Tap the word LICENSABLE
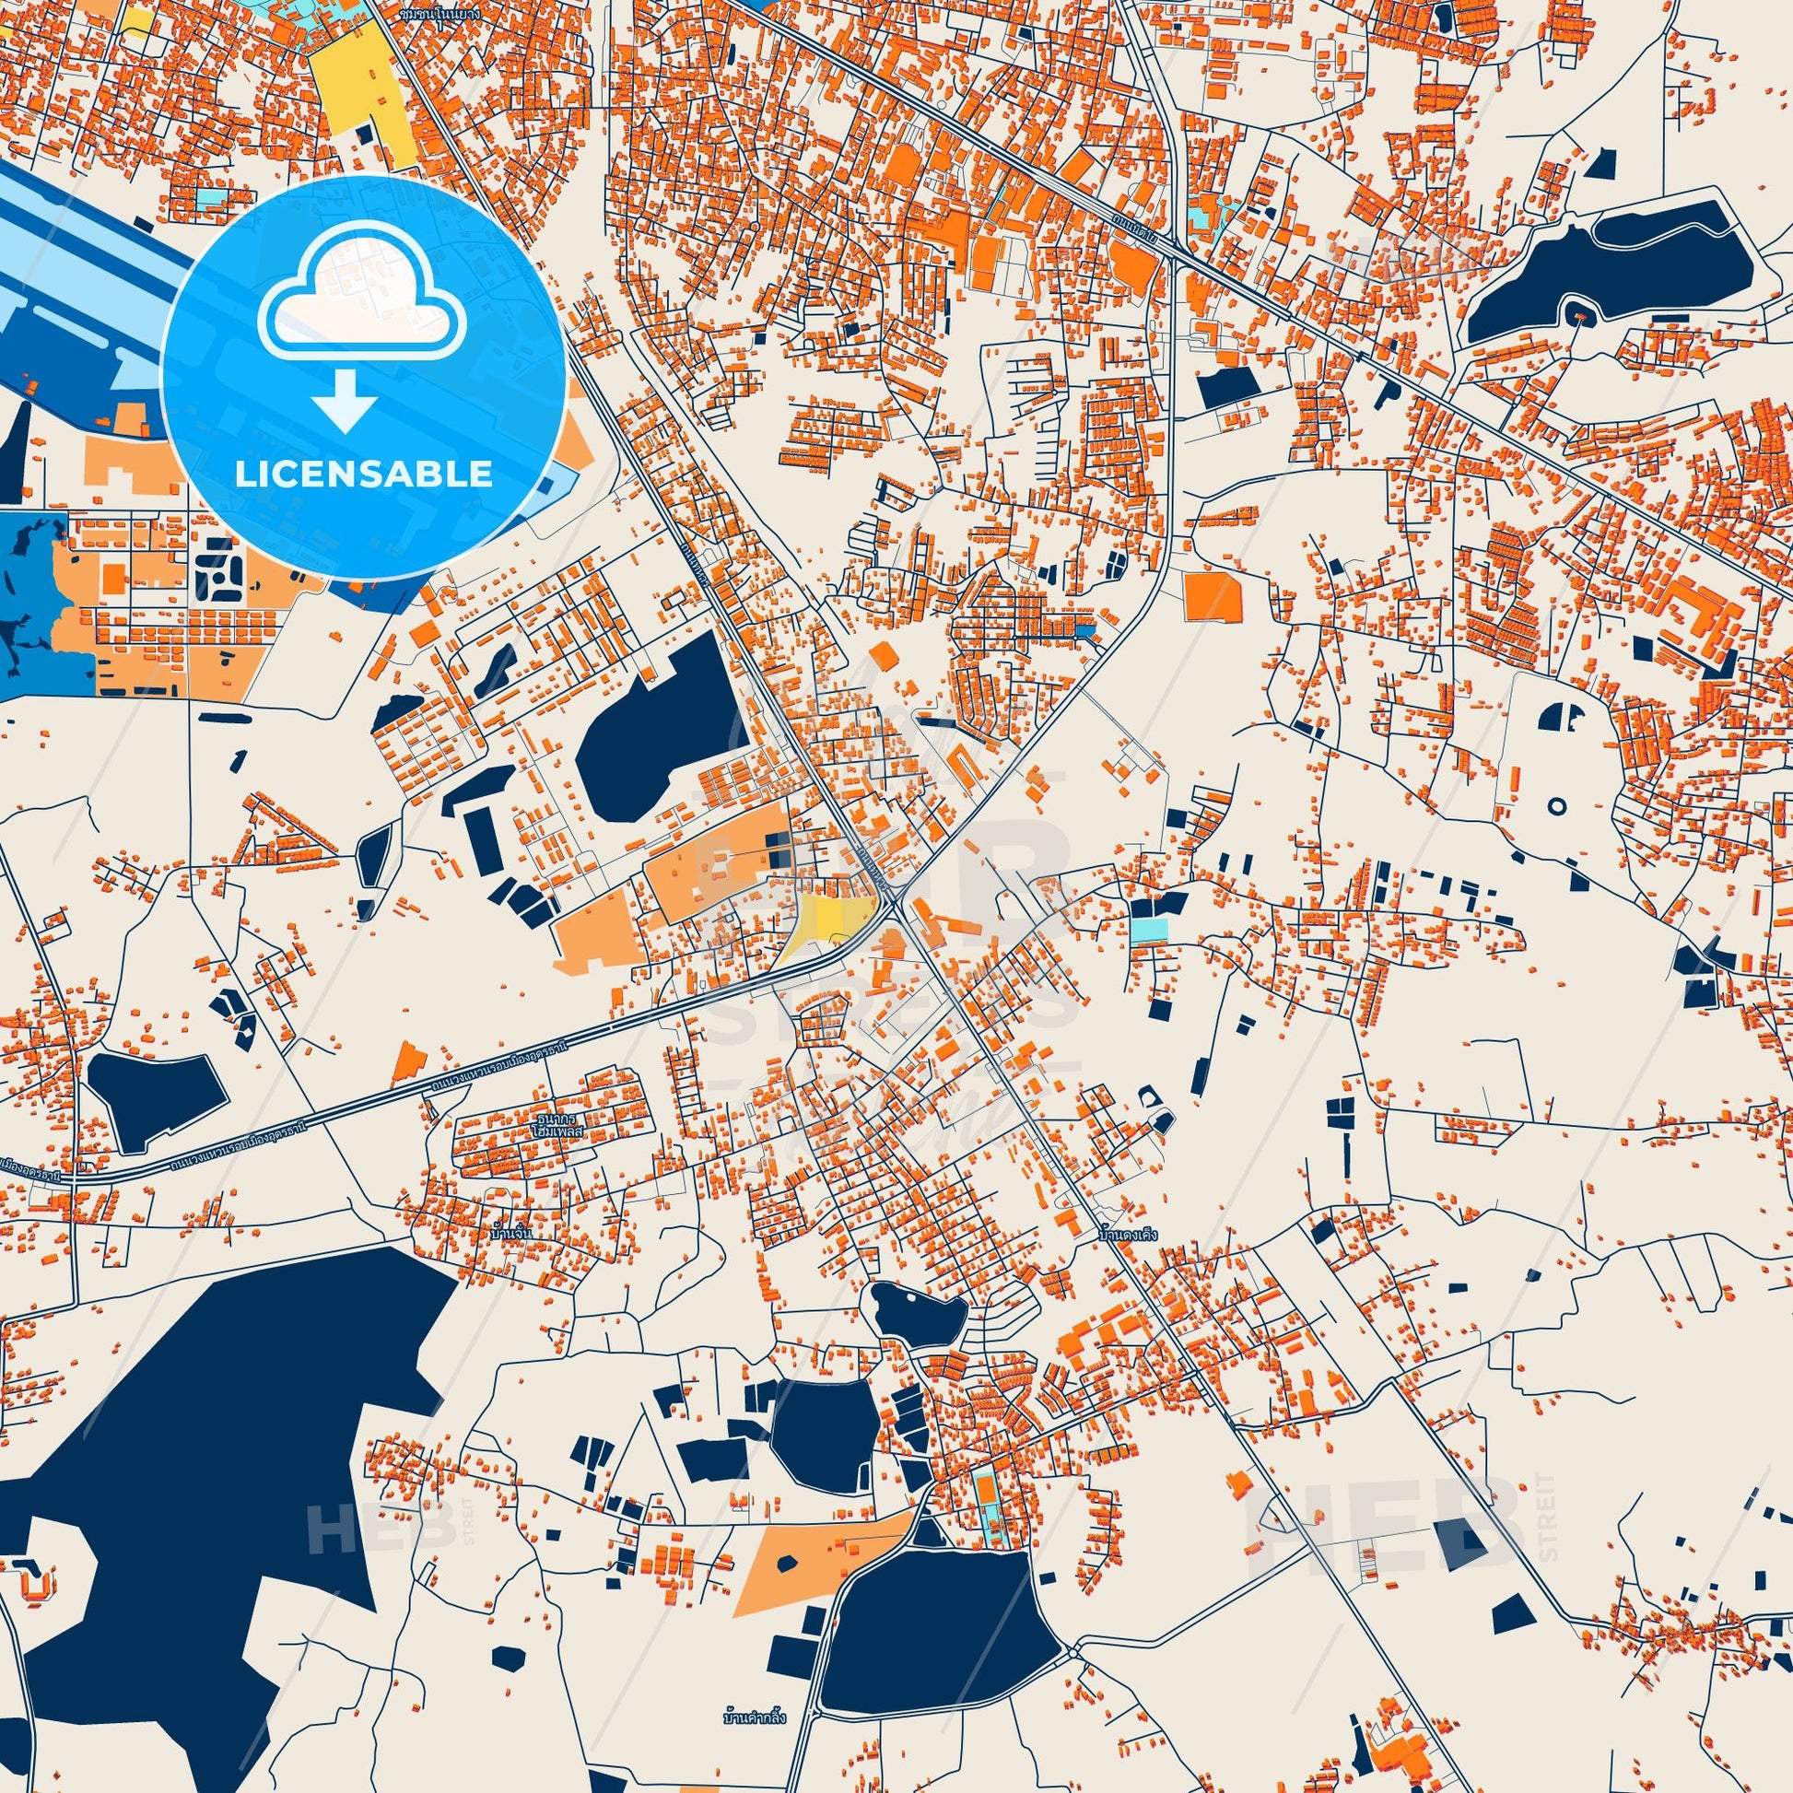(364, 475)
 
